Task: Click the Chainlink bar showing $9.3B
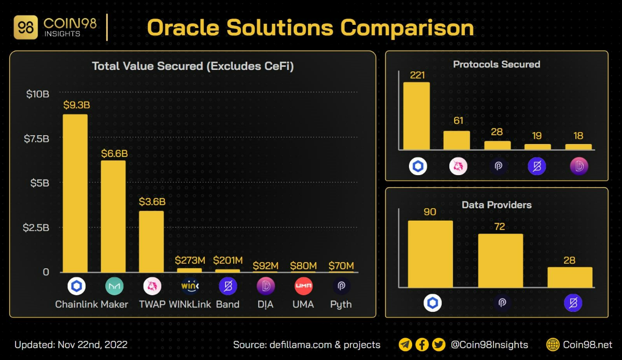[x=75, y=193]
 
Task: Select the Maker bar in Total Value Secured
[x=113, y=216]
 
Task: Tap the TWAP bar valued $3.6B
[x=151, y=241]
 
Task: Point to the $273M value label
[x=190, y=260]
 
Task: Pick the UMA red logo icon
[x=303, y=286]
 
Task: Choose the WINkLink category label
[x=190, y=304]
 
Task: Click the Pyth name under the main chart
[x=341, y=304]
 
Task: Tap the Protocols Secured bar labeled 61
[x=457, y=140]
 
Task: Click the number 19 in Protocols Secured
[x=536, y=136]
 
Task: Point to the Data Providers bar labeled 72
[x=500, y=261]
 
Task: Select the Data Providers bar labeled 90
[x=430, y=254]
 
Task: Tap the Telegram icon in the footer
[x=406, y=344]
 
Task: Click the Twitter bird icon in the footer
[x=439, y=344]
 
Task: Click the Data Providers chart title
[x=497, y=205]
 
